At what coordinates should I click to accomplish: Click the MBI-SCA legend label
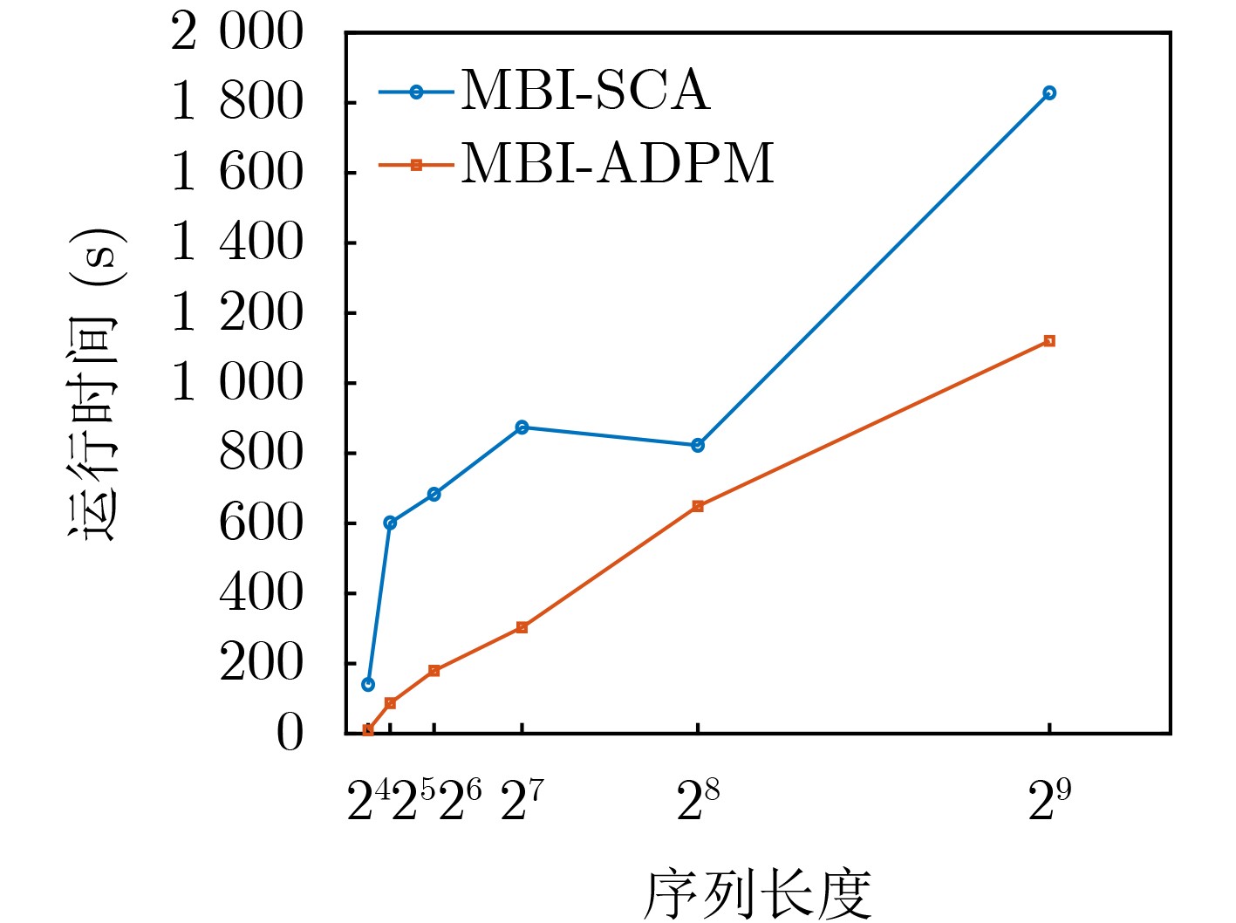coord(585,91)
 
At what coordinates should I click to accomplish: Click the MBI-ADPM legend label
coord(617,163)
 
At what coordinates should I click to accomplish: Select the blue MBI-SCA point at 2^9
coord(1049,93)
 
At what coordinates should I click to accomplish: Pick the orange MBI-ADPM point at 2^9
coord(1049,341)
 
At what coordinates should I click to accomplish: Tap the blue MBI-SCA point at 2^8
coord(698,446)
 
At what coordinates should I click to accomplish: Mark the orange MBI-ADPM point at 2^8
coord(698,506)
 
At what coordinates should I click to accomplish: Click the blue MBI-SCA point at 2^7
coord(522,427)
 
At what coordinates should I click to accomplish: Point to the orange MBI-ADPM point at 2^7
coord(522,627)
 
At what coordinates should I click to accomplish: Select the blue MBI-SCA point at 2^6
coord(434,495)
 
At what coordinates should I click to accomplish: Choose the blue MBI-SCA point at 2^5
coord(390,523)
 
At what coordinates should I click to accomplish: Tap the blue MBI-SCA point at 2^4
coord(368,685)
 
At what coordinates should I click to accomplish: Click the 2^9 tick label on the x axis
coord(1049,801)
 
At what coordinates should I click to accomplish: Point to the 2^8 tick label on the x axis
coord(698,801)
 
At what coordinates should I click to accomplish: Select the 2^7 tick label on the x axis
coord(522,801)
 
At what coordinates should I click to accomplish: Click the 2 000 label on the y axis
coord(237,33)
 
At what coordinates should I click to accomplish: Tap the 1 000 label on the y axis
coord(237,383)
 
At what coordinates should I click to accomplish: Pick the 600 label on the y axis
coord(261,523)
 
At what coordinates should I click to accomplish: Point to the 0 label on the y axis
coord(290,734)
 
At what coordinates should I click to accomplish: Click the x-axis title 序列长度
coord(757,894)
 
